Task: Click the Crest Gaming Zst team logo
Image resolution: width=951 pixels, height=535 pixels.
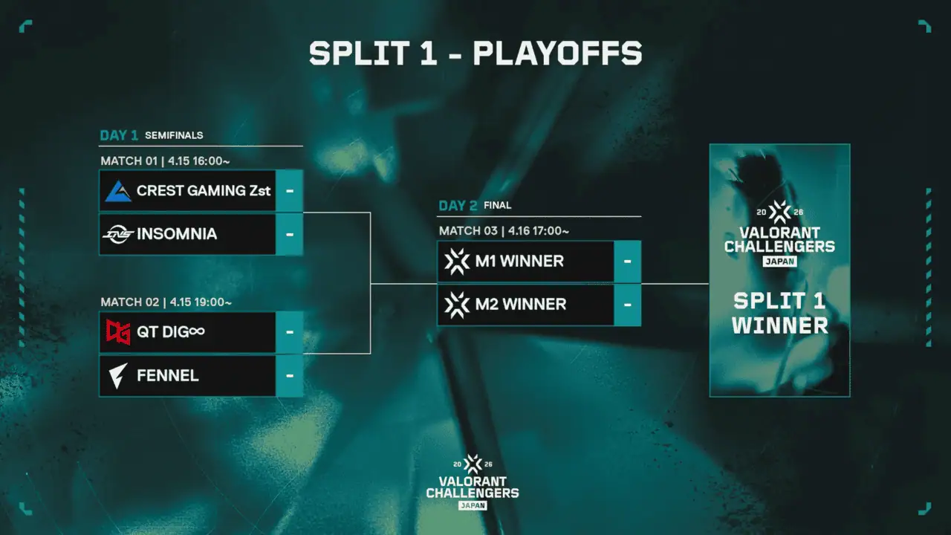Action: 118,191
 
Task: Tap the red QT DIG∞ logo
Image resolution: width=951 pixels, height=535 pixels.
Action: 118,332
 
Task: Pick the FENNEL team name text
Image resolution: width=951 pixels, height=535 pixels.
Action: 168,375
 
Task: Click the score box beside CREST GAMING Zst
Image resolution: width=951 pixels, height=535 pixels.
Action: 289,191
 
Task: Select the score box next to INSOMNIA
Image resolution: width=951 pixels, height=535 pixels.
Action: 289,234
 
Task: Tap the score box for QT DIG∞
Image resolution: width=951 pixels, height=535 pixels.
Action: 289,332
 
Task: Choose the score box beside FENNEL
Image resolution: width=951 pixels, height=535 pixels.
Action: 289,375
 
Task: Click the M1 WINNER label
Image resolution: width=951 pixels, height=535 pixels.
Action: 519,262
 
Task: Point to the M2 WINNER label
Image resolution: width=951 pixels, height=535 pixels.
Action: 520,305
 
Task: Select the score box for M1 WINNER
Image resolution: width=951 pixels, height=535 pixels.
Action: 628,262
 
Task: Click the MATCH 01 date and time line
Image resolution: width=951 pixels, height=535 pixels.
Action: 166,160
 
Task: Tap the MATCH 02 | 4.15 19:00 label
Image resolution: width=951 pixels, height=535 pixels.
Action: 166,302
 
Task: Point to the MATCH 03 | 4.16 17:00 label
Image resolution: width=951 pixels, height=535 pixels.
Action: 504,230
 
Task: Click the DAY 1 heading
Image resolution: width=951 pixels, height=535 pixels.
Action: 119,135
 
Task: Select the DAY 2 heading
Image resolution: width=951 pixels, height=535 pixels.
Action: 458,206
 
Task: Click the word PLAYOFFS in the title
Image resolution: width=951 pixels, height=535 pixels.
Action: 557,53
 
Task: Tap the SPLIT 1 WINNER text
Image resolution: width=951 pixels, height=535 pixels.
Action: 780,313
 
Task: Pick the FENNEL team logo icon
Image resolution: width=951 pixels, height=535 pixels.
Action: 118,375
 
